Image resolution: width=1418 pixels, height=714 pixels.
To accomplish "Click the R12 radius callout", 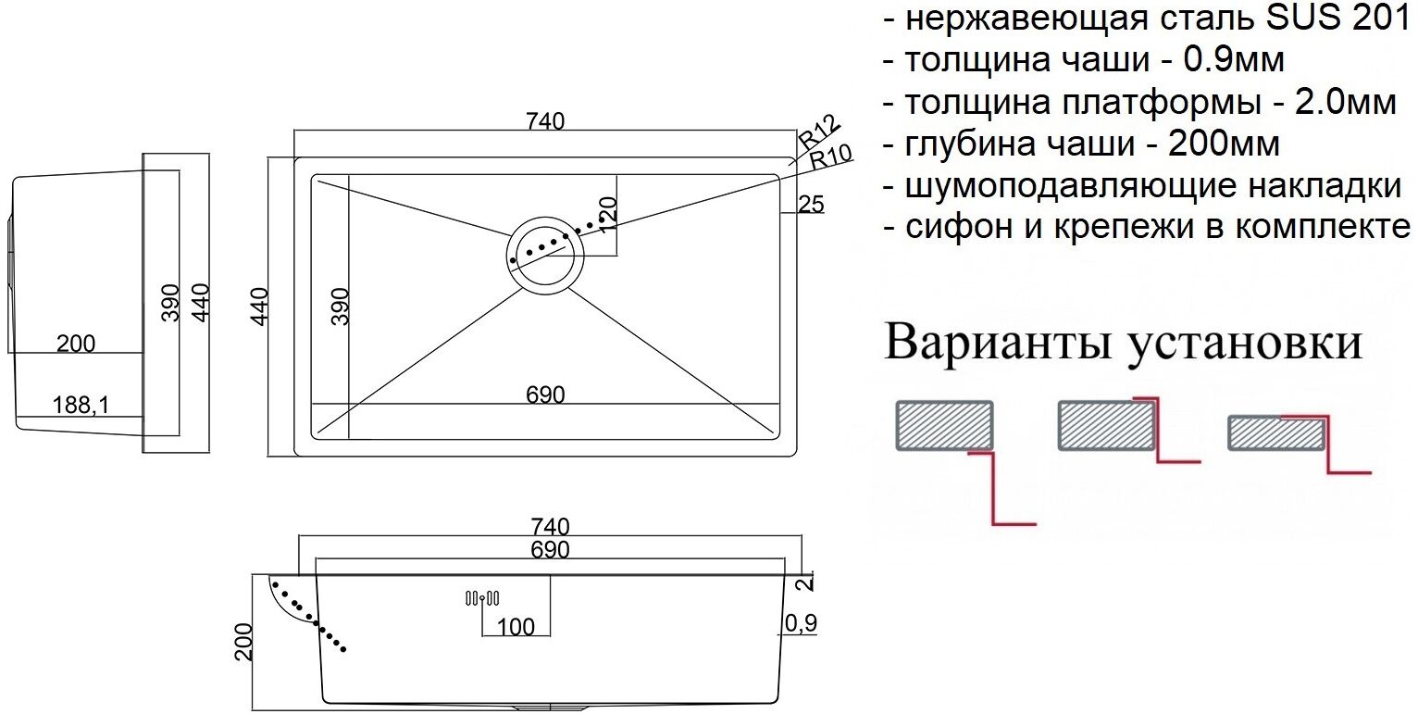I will pyautogui.click(x=817, y=132).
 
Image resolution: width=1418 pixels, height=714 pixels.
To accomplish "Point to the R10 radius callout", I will pyautogui.click(x=829, y=156).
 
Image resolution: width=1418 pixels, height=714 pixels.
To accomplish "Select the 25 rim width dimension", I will pyautogui.click(x=810, y=205).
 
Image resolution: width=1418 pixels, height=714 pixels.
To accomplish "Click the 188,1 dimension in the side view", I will pyautogui.click(x=82, y=404).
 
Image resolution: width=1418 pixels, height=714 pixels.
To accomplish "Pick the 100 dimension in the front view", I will pyautogui.click(x=516, y=627).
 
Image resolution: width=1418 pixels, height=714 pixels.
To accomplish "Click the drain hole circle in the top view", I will pyautogui.click(x=544, y=256).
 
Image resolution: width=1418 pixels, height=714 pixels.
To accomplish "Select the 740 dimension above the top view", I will pyautogui.click(x=544, y=121).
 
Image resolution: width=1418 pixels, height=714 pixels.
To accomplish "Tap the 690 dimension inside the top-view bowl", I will pyautogui.click(x=545, y=395).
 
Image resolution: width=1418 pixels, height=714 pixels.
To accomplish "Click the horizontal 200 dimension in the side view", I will pyautogui.click(x=76, y=344).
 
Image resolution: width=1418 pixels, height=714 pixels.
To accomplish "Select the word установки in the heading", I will pyautogui.click(x=1244, y=343).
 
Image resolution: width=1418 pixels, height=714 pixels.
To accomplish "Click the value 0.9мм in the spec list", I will pyautogui.click(x=1235, y=60).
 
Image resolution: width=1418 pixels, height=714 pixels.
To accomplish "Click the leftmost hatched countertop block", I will pyautogui.click(x=943, y=425).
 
